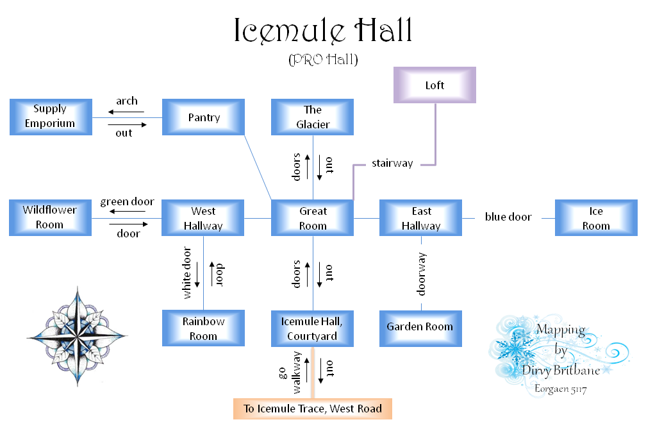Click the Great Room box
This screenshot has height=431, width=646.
click(313, 218)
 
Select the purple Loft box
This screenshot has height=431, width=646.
click(435, 85)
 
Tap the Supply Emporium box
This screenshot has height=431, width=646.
click(50, 117)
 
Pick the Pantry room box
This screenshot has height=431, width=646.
click(204, 117)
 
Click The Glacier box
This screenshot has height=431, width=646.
click(313, 117)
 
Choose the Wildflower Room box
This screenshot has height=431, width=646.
click(50, 217)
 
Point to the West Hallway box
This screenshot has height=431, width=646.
click(203, 218)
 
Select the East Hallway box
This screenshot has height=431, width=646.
click(421, 218)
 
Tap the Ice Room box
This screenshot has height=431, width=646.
click(596, 218)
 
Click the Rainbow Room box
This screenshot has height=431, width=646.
click(203, 328)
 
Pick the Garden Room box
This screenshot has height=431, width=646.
click(420, 327)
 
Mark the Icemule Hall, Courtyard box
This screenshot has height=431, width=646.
click(313, 328)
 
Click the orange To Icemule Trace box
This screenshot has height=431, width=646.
click(313, 409)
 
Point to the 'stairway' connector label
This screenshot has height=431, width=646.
click(393, 164)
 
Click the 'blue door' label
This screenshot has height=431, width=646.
click(508, 217)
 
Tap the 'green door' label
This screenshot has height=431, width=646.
click(127, 202)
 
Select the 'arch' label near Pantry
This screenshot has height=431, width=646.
click(127, 101)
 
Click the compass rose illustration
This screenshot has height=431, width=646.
click(77, 335)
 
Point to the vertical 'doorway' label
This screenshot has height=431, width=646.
click(422, 274)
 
